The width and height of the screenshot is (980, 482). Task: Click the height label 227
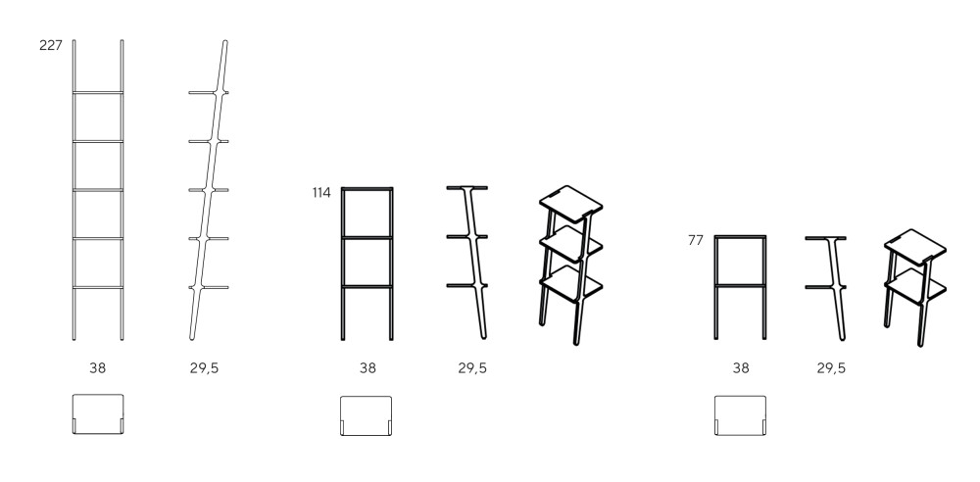tap(51, 45)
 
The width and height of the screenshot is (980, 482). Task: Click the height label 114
tap(321, 193)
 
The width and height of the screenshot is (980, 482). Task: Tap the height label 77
tap(696, 240)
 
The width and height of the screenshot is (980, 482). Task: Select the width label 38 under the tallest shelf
tap(97, 368)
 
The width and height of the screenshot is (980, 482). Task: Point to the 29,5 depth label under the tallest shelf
tap(205, 368)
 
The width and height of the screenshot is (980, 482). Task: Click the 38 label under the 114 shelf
tap(367, 368)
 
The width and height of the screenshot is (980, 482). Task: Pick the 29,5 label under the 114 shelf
tap(472, 368)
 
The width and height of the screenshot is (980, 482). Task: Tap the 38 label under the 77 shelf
tap(741, 368)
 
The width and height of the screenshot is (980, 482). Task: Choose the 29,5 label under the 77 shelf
tap(831, 368)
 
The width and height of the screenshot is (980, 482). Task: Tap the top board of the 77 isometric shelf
tap(915, 243)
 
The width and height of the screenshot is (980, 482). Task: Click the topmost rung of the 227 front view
tap(97, 93)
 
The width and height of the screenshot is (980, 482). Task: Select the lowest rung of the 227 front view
tap(97, 288)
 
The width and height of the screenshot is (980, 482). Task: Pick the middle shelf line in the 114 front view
tap(367, 237)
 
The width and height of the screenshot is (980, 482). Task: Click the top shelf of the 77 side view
tap(825, 238)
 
